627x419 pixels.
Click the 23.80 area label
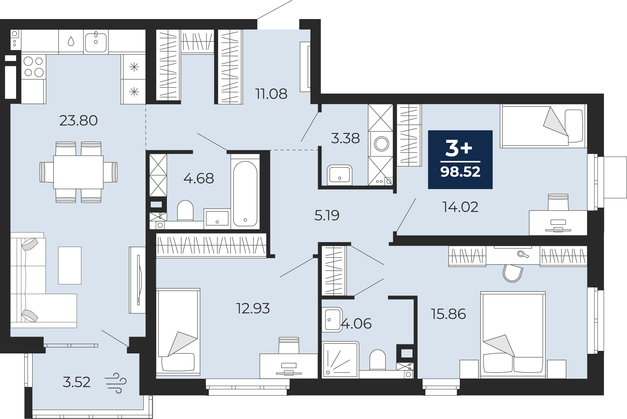click(x=78, y=121)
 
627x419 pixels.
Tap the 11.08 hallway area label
click(x=271, y=94)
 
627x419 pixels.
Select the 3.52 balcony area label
click(x=76, y=382)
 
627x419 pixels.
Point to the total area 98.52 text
click(x=460, y=172)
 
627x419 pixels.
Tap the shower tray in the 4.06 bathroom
click(x=340, y=360)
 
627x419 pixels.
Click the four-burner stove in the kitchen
click(x=34, y=67)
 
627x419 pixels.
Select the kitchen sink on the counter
click(x=96, y=42)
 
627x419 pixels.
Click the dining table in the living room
click(x=78, y=172)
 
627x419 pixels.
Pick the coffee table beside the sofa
click(x=70, y=265)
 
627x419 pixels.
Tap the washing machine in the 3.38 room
click(x=381, y=144)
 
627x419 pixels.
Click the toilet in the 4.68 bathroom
click(x=185, y=211)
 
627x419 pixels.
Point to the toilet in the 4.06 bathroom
click(x=378, y=360)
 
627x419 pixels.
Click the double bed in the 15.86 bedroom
click(x=513, y=335)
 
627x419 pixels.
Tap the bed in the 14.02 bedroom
click(x=544, y=126)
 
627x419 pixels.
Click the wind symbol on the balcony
click(x=116, y=383)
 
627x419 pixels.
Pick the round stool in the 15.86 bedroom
click(x=513, y=273)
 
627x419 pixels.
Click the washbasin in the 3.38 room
click(x=340, y=175)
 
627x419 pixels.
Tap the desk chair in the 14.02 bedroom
click(x=558, y=202)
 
